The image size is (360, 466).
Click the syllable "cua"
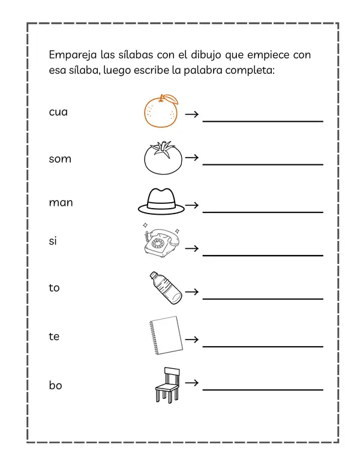point(58,112)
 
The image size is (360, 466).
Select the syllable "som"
point(60,159)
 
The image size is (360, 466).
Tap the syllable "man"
point(61,203)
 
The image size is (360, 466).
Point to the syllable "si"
point(53,240)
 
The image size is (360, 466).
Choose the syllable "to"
point(55,288)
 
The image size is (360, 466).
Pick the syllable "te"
point(55,336)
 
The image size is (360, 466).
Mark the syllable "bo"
point(56,385)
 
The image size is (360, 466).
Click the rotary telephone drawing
point(161,241)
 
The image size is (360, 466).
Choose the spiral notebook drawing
point(166,336)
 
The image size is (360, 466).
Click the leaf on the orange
point(170,98)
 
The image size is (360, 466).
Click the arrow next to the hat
point(192,205)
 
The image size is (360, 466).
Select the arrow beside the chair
point(192,381)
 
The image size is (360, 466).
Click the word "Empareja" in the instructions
point(72,56)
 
